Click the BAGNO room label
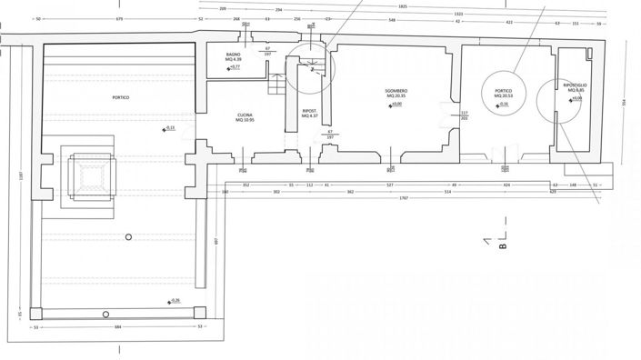point(233,55)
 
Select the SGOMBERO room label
point(394,89)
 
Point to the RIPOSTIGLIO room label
point(575,85)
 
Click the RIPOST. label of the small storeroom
point(309,110)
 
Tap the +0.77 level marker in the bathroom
point(234,67)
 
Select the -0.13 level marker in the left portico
point(170,127)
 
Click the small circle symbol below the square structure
point(129,236)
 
